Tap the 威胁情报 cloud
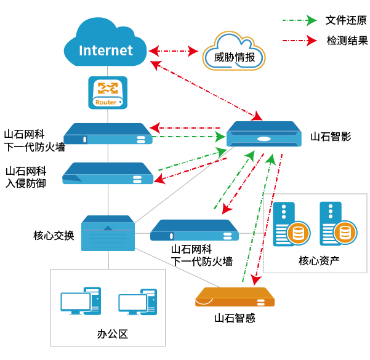pyautogui.click(x=235, y=54)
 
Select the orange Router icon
pyautogui.click(x=108, y=92)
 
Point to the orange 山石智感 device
pyautogui.click(x=234, y=298)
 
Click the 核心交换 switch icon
pyautogui.click(x=108, y=233)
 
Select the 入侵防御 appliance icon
pyautogui.click(x=108, y=174)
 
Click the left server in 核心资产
pyautogui.click(x=289, y=224)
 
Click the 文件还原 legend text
pyautogui.click(x=346, y=20)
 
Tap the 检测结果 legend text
pyautogui.click(x=346, y=41)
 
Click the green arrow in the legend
pyautogui.click(x=299, y=20)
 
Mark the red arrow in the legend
pyautogui.click(x=299, y=41)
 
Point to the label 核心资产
pyautogui.click(x=318, y=260)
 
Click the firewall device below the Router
pyautogui.click(x=108, y=134)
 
